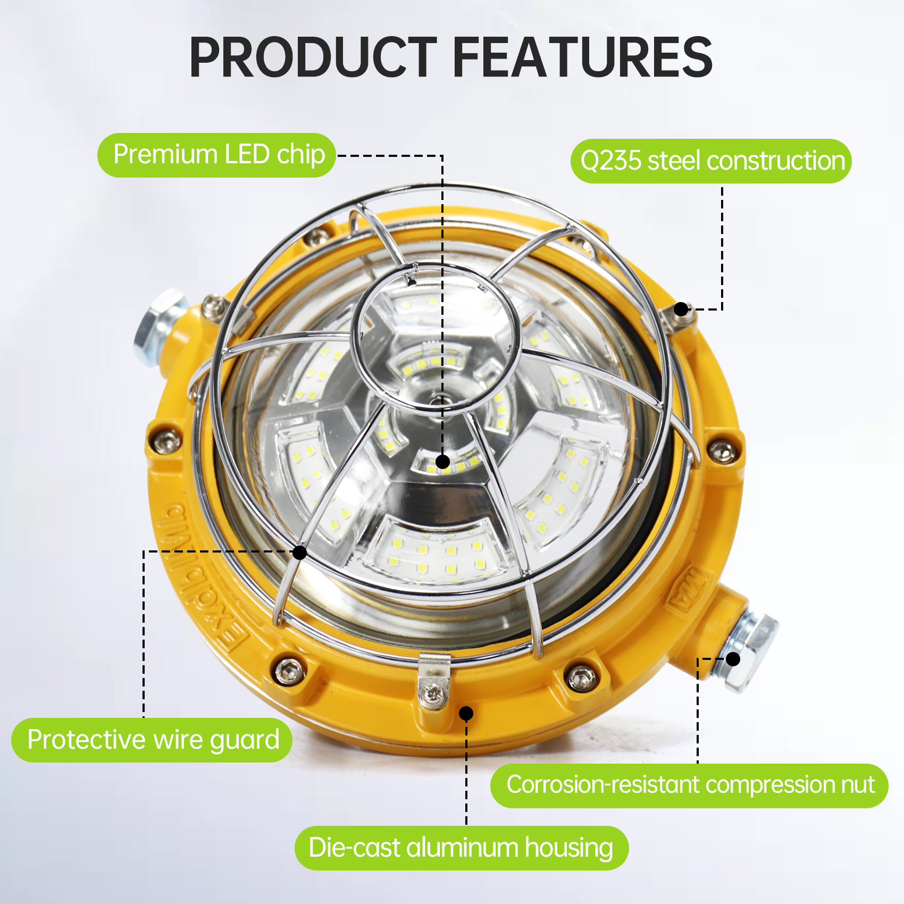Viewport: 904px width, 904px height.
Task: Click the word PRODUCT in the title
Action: pyautogui.click(x=313, y=57)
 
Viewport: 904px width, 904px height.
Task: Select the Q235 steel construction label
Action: pyautogui.click(x=711, y=161)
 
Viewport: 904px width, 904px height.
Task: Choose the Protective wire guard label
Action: pyautogui.click(x=152, y=740)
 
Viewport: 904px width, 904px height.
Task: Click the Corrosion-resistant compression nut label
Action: pyautogui.click(x=689, y=785)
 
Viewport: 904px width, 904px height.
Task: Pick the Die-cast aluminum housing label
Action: pyautogui.click(x=461, y=848)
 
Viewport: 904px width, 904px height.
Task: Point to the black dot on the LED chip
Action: pyautogui.click(x=442, y=462)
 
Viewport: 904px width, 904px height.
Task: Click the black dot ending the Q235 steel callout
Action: pyautogui.click(x=681, y=309)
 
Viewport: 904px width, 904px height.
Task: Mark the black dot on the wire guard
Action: pyautogui.click(x=300, y=553)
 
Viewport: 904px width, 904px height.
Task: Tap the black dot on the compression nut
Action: pyautogui.click(x=733, y=659)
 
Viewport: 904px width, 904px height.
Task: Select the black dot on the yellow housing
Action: pyautogui.click(x=466, y=713)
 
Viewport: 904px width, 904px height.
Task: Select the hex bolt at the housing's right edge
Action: pyautogui.click(x=722, y=451)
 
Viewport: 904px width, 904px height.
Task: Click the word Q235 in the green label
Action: pyautogui.click(x=611, y=161)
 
